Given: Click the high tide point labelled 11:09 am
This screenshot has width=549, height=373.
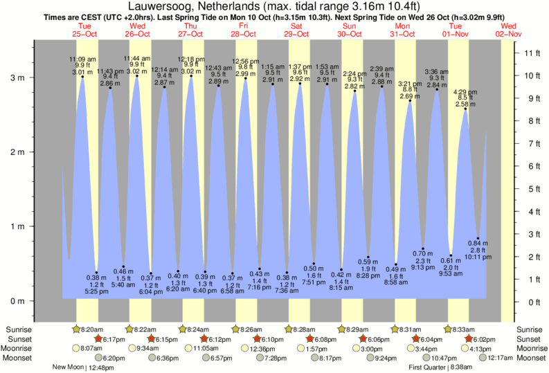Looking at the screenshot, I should tap(82, 78).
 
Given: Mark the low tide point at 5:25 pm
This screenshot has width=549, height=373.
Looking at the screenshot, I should tap(96, 273).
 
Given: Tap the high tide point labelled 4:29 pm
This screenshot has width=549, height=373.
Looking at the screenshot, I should tap(465, 109).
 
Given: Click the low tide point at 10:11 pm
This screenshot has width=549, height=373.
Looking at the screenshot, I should tap(478, 239).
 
